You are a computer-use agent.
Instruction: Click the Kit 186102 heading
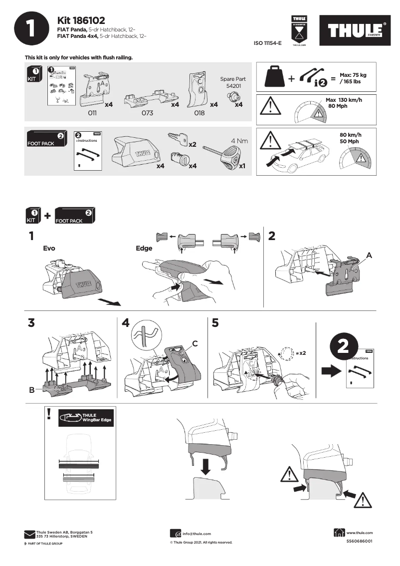click(x=81, y=20)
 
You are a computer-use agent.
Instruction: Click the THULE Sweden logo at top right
click(x=356, y=31)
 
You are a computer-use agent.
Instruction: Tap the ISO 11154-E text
click(x=268, y=44)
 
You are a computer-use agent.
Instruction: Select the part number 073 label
click(x=147, y=113)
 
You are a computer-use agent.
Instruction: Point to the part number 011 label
click(x=92, y=113)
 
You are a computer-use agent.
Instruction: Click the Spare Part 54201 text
click(x=233, y=82)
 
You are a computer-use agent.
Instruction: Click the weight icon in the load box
click(x=275, y=77)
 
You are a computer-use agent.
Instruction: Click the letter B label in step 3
click(x=31, y=391)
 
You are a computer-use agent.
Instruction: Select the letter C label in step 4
click(x=195, y=343)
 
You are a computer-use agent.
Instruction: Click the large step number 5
click(x=215, y=323)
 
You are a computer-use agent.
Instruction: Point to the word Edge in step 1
click(x=144, y=249)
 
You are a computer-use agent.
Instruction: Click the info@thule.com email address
click(x=197, y=534)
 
